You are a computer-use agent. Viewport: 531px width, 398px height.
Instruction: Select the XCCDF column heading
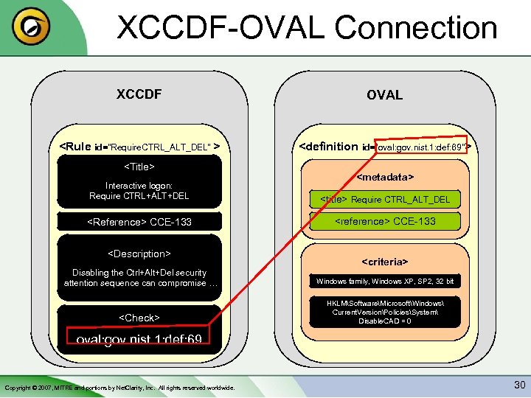click(139, 94)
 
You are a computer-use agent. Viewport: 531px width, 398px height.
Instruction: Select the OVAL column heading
click(384, 95)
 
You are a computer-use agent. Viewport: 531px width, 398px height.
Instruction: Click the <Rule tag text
click(75, 146)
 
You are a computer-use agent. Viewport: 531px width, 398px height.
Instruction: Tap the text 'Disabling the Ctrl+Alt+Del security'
click(139, 273)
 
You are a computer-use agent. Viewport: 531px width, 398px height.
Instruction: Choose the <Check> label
click(139, 318)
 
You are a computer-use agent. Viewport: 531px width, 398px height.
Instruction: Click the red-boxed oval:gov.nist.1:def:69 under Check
click(139, 338)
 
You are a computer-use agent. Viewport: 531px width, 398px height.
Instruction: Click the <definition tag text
click(328, 146)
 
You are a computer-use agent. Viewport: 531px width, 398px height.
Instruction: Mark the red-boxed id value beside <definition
click(422, 147)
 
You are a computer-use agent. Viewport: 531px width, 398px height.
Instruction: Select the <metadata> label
click(385, 177)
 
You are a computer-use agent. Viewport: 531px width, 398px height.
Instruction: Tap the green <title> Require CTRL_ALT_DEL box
click(385, 200)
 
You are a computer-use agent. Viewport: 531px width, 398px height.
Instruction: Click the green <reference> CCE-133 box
click(385, 221)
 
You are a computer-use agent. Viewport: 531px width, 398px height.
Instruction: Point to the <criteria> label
click(385, 262)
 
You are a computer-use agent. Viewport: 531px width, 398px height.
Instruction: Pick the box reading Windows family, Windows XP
click(385, 282)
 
